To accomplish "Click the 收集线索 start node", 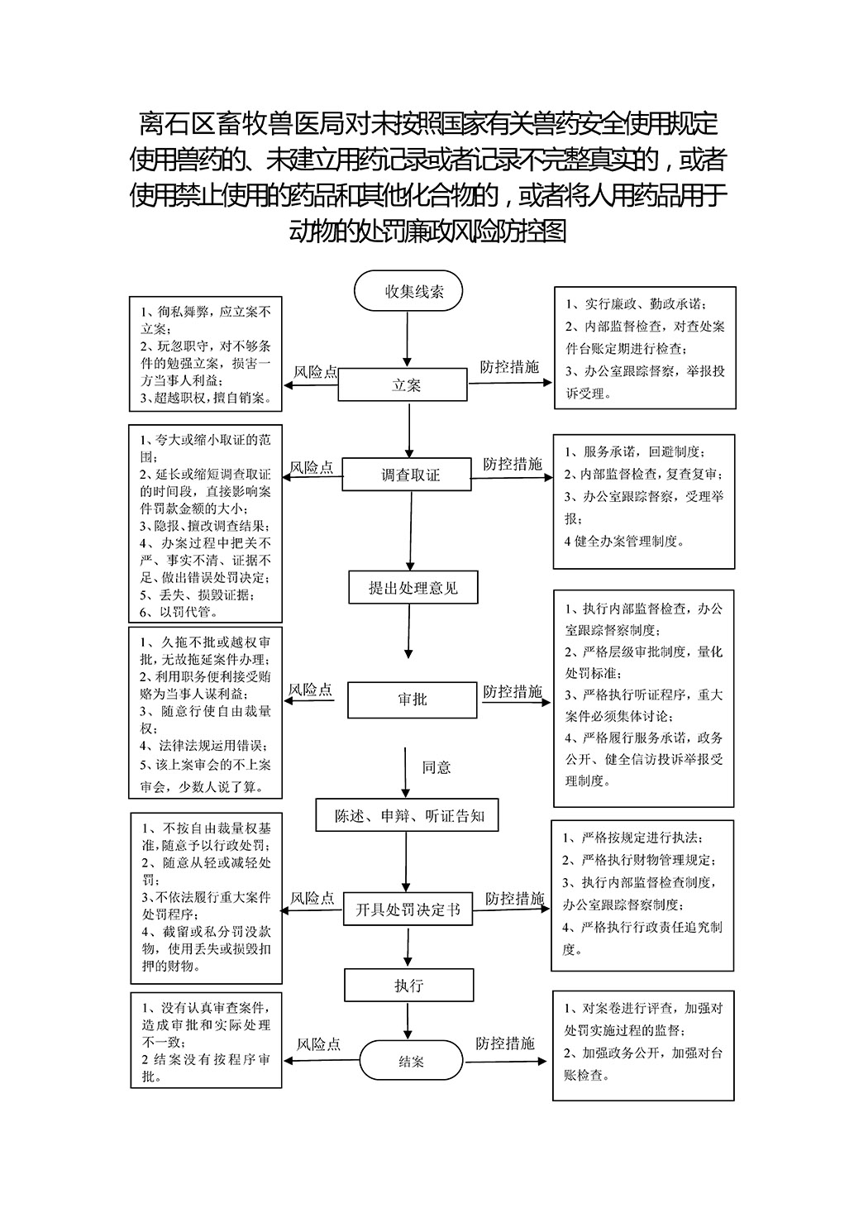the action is click(408, 291).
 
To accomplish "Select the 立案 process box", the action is click(403, 384).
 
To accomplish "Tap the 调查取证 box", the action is click(407, 475).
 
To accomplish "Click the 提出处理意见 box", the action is click(413, 587).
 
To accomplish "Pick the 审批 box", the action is click(412, 700).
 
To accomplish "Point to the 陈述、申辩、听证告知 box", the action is click(407, 815).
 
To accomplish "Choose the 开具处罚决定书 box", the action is click(408, 910).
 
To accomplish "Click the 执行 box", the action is click(409, 986).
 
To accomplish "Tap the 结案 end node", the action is click(412, 1061).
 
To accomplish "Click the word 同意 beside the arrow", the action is click(437, 767).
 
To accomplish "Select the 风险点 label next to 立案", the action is click(316, 372).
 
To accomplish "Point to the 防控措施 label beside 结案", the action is click(504, 1043).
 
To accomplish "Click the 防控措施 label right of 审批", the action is click(513, 691).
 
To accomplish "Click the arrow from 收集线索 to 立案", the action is click(407, 340).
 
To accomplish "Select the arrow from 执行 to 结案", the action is click(408, 1021).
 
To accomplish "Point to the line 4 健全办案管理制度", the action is click(625, 541).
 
